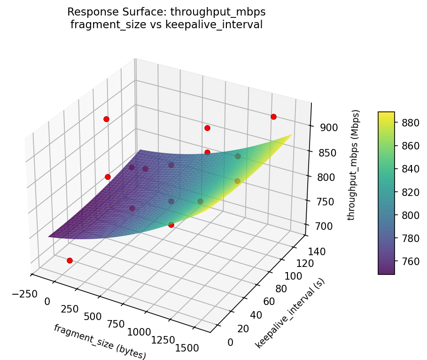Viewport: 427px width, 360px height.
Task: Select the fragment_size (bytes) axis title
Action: [x=100, y=342]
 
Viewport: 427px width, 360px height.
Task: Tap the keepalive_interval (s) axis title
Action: [x=290, y=313]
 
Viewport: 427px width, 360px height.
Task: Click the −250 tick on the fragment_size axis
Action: [x=22, y=294]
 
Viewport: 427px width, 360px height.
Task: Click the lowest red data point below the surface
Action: [x=70, y=260]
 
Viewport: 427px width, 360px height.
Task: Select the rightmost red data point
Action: [x=273, y=117]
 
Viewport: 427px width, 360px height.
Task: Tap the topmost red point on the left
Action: [x=106, y=119]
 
